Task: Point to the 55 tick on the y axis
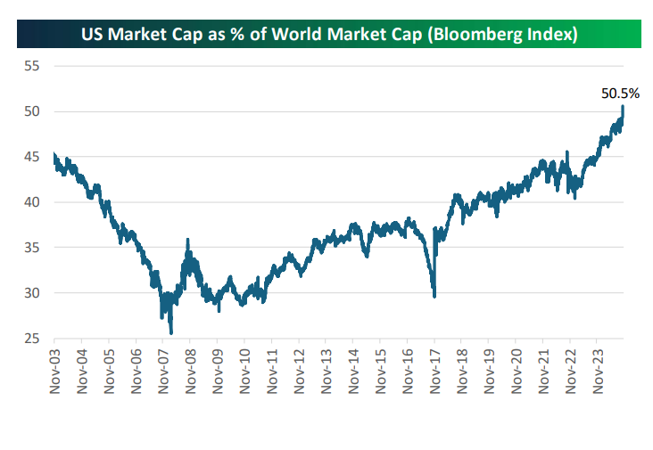(x=33, y=66)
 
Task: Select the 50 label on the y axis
(x=33, y=111)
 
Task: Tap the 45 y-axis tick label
(x=33, y=157)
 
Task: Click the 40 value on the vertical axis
(x=33, y=202)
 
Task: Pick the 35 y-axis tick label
(x=33, y=248)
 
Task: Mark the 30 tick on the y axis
(x=33, y=293)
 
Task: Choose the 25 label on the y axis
(x=33, y=339)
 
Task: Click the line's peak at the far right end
(x=623, y=107)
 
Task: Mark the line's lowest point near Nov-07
(x=170, y=333)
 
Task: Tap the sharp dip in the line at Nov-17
(x=434, y=297)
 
